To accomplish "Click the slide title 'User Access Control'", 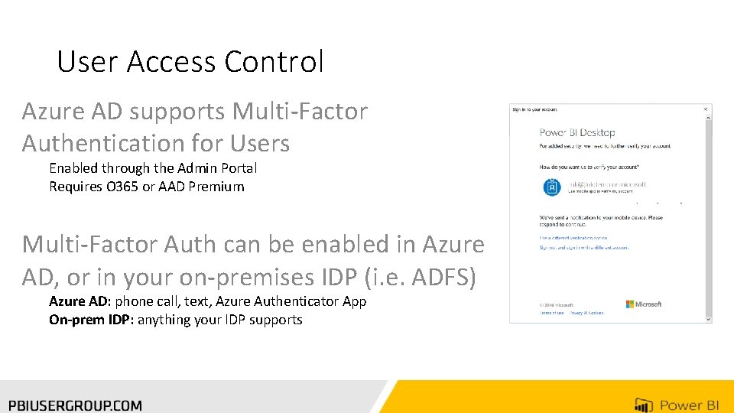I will point(190,62).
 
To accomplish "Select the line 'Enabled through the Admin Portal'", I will point(153,168).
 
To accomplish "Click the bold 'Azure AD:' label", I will point(80,301).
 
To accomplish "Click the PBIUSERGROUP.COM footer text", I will point(75,405).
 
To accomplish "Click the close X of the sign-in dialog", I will point(706,109).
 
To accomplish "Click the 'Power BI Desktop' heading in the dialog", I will point(577,133).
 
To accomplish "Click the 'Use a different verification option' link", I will point(573,239).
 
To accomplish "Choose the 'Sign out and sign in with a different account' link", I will point(584,248).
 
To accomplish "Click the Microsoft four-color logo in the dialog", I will point(630,304).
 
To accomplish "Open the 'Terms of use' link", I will point(551,313).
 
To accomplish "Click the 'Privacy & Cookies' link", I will point(586,313).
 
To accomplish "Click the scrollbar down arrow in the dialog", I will point(708,318).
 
